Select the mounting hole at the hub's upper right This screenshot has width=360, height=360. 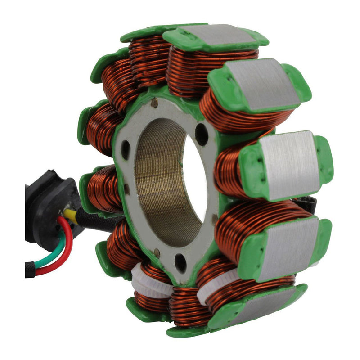(201, 134)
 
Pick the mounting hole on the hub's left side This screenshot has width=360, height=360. (126, 149)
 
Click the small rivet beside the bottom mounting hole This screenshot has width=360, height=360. (156, 252)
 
